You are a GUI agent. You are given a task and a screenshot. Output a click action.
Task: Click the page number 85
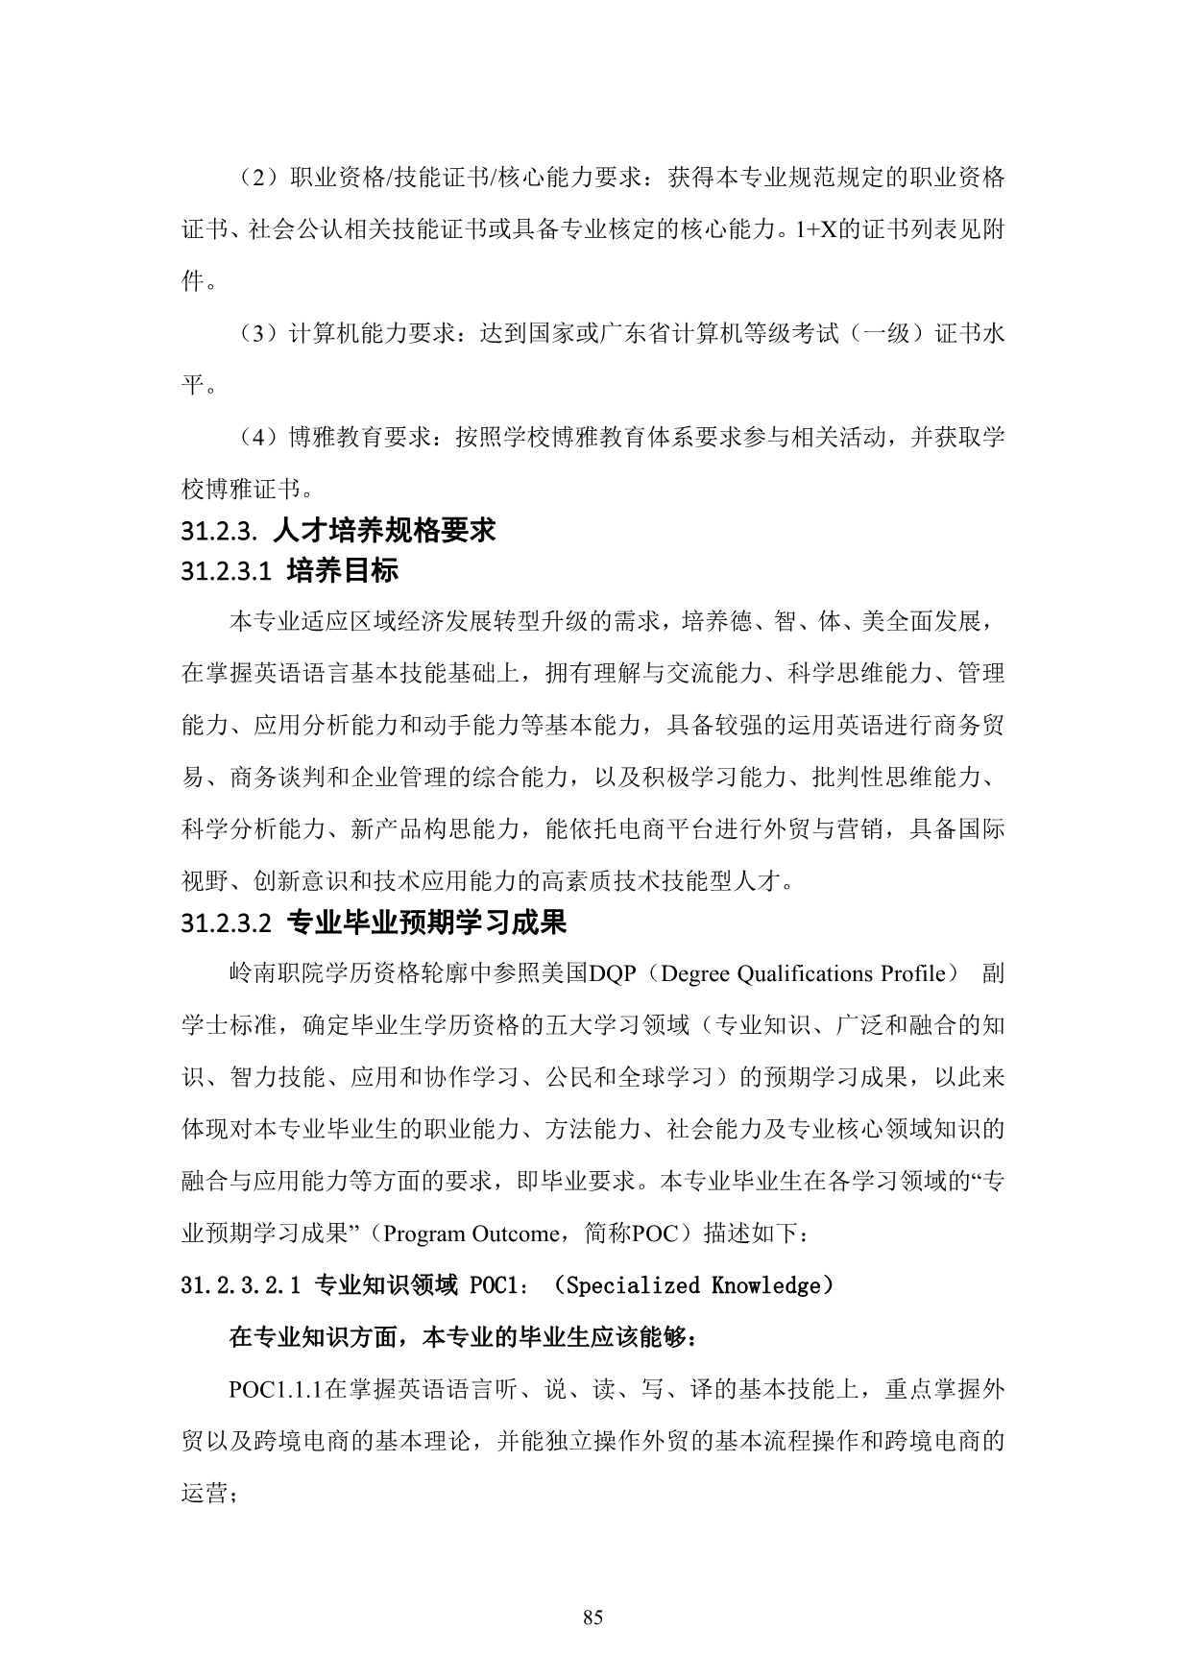pos(592,1617)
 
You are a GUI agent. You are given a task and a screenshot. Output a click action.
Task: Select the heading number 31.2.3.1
pos(223,572)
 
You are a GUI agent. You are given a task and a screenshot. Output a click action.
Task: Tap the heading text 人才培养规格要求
pos(384,530)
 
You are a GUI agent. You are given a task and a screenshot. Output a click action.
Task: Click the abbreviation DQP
pos(613,974)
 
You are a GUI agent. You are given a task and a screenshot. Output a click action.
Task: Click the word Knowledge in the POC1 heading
pos(765,1286)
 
